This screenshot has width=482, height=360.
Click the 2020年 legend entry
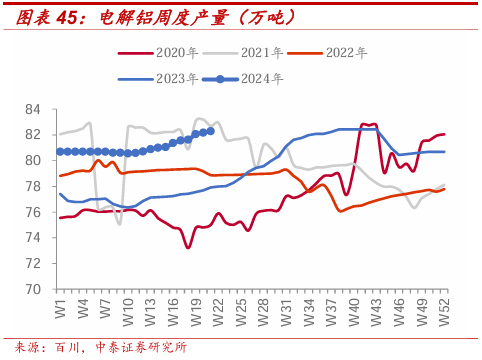pos(158,53)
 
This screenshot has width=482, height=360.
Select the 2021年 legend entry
pos(243,53)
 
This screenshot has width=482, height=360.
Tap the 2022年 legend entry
pos(327,53)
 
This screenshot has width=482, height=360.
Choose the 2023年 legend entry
pos(158,79)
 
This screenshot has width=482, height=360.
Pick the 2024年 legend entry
pos(243,79)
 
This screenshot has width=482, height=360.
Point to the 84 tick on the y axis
pos(33,109)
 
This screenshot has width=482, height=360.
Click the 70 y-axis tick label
pos(33,289)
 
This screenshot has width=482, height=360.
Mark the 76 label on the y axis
pos(33,212)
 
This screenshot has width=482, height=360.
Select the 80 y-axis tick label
pos(33,161)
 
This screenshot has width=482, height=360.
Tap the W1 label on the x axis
pos(61,309)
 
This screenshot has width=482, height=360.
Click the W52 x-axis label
pos(444,312)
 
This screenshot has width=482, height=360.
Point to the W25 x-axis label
pos(241,312)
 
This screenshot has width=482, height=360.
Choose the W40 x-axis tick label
pos(354,312)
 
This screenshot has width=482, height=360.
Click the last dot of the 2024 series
pos(211,131)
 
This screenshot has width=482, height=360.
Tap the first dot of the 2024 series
pos(60,152)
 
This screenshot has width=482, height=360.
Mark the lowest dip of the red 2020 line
pos(188,247)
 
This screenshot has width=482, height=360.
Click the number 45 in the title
pos(67,17)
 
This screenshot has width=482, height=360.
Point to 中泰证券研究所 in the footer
pos(141,348)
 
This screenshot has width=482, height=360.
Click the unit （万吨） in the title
pos(267,17)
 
